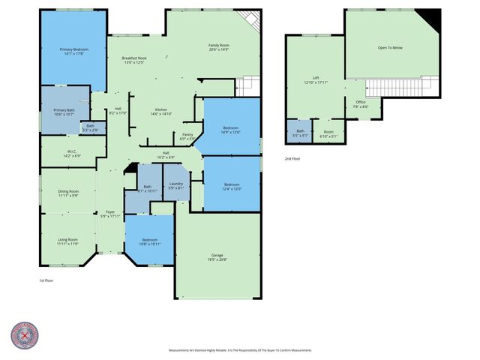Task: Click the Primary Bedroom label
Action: (x=74, y=51)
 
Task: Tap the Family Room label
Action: (x=218, y=46)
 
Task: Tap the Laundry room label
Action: (x=175, y=186)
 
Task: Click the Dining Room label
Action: (x=68, y=193)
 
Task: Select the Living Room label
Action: (x=67, y=241)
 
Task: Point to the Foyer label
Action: (x=109, y=214)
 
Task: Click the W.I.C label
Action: (x=73, y=153)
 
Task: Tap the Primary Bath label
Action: (x=64, y=112)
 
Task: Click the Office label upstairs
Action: (x=361, y=104)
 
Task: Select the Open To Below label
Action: (x=389, y=48)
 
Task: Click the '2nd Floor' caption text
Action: (x=292, y=159)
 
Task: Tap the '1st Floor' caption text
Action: (x=46, y=280)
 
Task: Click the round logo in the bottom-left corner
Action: (x=25, y=337)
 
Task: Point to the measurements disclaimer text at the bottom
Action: (x=240, y=350)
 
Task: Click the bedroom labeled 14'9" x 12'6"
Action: (x=231, y=130)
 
